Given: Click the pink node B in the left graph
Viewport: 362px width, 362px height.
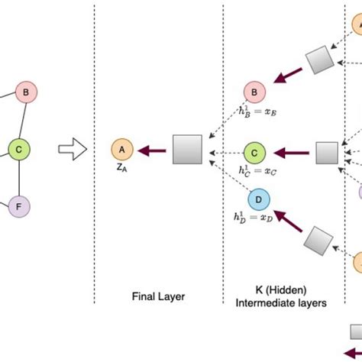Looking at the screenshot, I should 26,94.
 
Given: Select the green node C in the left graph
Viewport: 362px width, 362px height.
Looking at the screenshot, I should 19,150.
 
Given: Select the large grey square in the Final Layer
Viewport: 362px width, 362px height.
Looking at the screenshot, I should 186,150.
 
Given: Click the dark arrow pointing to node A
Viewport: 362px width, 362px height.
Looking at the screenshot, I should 152,150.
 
